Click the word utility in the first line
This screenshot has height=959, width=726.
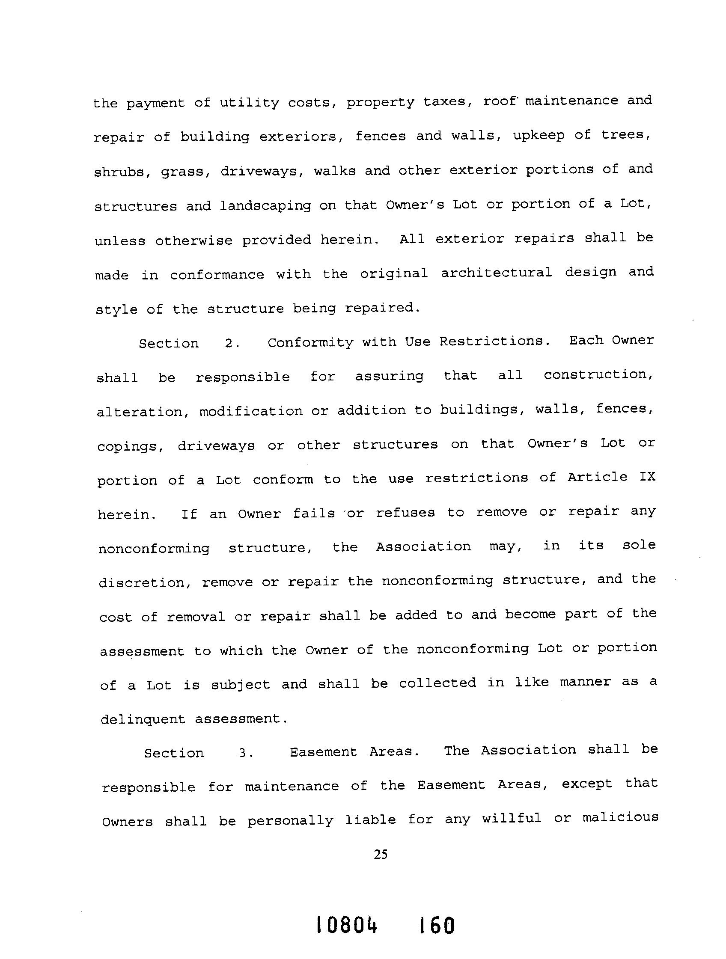pos(250,103)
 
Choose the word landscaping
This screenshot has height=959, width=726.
pos(265,205)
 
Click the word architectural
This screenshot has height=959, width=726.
pos(497,273)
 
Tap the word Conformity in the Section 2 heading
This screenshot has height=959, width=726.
pos(310,342)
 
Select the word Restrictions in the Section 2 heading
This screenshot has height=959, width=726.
pos(494,341)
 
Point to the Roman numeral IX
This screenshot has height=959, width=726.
pos(647,477)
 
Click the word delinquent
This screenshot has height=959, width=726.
pos(143,720)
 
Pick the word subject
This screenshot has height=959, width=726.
pos(240,685)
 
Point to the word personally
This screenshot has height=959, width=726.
pos(291,820)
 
